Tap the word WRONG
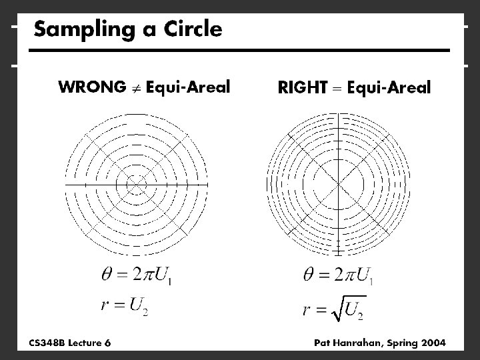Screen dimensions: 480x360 click(x=91, y=87)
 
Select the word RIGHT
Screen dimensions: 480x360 click(x=301, y=87)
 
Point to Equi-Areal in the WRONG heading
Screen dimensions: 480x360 click(x=188, y=87)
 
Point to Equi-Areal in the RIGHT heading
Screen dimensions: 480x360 click(x=389, y=87)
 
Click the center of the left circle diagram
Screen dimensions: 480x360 click(x=136, y=183)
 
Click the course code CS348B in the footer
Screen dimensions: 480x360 click(x=47, y=343)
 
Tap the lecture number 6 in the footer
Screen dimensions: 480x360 click(x=108, y=343)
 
